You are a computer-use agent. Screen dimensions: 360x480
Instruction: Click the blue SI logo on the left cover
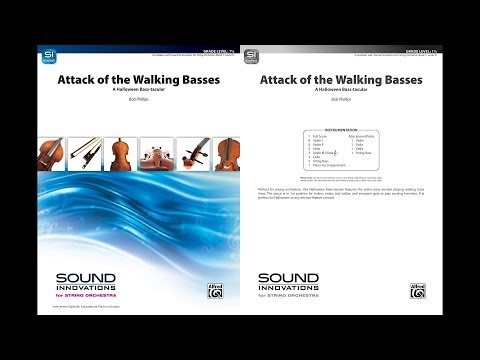tap(46, 56)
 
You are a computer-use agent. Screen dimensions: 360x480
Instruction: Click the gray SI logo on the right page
tap(251, 56)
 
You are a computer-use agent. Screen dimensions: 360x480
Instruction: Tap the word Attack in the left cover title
tap(78, 80)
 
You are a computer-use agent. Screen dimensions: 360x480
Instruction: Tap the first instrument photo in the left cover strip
tap(52, 154)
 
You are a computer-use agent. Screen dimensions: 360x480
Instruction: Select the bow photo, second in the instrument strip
tap(87, 154)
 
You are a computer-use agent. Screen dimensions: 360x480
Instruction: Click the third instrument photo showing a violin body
tap(121, 154)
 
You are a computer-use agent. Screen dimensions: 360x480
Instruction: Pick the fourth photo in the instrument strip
tap(156, 154)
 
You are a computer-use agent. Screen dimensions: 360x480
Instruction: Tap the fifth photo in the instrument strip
tap(191, 154)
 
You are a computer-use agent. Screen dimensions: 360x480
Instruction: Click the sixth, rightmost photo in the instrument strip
tap(223, 154)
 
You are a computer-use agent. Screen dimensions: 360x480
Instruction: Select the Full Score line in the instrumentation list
tap(317, 138)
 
